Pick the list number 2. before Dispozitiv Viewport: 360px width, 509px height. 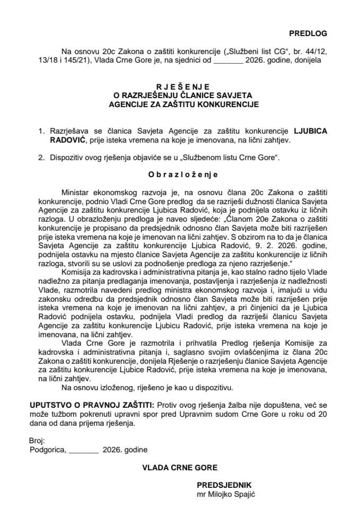click(x=41, y=157)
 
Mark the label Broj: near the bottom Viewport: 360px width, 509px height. click(x=38, y=441)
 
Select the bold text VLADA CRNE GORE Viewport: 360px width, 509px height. click(x=179, y=468)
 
